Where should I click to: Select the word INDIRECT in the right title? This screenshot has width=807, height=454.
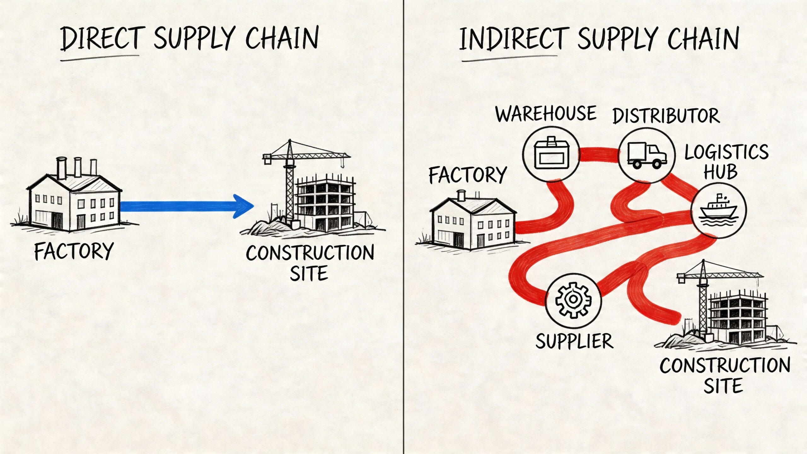(514, 39)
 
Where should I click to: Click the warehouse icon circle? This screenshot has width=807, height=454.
(551, 154)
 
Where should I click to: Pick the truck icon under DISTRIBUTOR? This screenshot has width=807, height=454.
(647, 155)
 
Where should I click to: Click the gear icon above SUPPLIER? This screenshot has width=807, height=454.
(573, 300)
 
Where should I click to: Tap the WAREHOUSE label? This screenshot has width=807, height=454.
(546, 114)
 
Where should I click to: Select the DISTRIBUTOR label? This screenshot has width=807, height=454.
(666, 116)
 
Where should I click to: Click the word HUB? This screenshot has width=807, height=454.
(720, 172)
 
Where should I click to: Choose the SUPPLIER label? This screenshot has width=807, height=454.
(574, 341)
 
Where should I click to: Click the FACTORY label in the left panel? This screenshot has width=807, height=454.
(74, 251)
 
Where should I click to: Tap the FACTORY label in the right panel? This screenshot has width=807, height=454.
(467, 175)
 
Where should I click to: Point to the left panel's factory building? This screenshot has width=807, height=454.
(74, 202)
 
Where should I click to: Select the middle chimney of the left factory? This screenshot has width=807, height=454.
(78, 167)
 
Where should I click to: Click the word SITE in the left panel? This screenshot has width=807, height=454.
(309, 273)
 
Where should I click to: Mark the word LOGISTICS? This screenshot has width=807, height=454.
(726, 152)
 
